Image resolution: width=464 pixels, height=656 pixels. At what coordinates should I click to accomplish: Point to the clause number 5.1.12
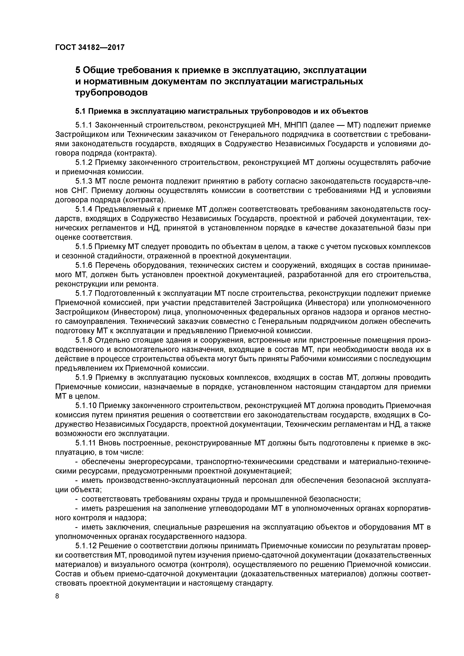click(x=86, y=546)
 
